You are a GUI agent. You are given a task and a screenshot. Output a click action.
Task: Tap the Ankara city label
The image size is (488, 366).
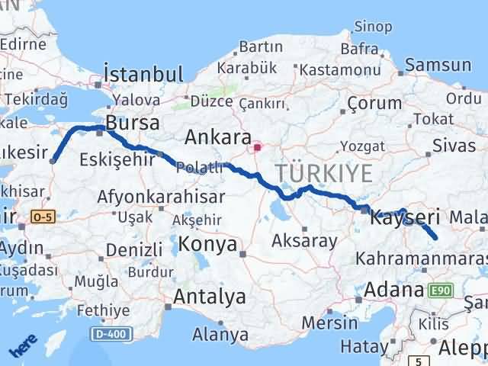point(218,137)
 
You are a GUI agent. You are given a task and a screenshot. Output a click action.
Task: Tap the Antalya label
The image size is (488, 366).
point(210,297)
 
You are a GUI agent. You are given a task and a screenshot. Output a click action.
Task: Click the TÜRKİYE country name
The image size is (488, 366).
point(324,173)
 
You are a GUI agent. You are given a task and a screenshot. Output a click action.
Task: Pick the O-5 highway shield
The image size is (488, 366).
point(43,217)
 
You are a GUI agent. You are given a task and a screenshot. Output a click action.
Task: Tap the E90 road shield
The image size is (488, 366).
point(440,290)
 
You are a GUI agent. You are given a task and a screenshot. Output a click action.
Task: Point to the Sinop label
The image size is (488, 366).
point(374,28)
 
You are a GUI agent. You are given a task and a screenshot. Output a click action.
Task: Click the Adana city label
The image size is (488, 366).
point(393,290)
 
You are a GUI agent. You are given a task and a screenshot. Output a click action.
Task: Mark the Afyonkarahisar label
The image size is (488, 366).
point(159,197)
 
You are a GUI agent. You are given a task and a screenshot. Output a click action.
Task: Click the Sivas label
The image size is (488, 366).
point(448,145)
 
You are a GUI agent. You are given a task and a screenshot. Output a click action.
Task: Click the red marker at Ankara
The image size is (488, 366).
point(258,146)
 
